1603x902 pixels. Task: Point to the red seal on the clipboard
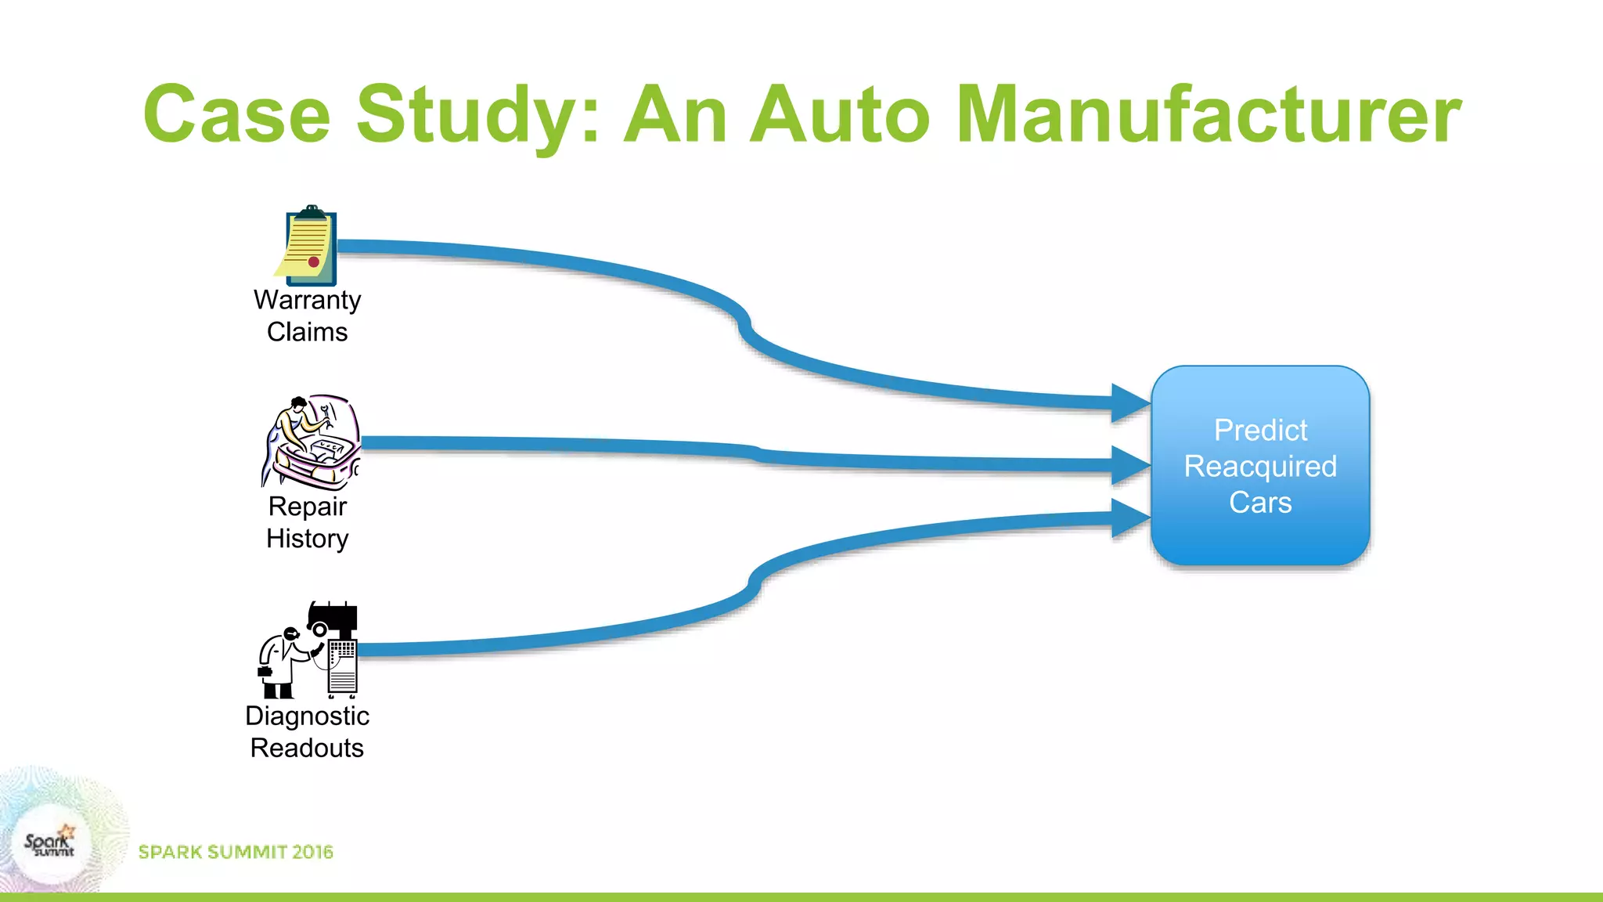(x=313, y=262)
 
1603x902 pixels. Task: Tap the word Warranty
(x=307, y=300)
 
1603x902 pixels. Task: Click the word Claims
(x=307, y=332)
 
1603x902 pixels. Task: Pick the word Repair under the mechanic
(x=307, y=507)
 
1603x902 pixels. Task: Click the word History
(x=307, y=539)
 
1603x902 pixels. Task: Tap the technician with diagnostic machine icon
(x=310, y=650)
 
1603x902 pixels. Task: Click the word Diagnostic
(x=307, y=716)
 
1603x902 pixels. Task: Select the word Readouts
(x=307, y=748)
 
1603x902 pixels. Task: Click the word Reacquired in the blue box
(x=1259, y=466)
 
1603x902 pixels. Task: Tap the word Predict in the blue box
(x=1259, y=430)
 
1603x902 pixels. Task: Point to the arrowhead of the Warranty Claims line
(x=1129, y=403)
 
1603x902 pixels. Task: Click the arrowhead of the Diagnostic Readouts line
(x=1129, y=518)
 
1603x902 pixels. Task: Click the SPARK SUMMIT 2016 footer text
(x=236, y=852)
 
